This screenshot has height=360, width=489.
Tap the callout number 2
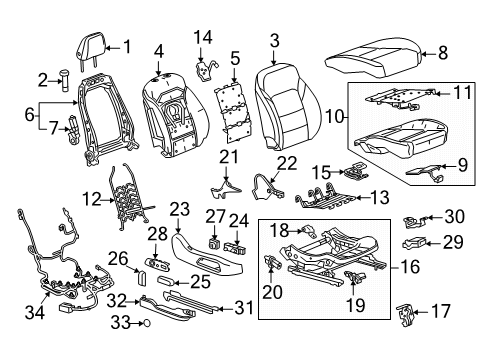[43, 78]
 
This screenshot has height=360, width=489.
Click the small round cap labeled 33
[145, 324]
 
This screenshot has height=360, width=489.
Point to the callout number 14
[203, 37]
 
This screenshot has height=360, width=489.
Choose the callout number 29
[453, 243]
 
